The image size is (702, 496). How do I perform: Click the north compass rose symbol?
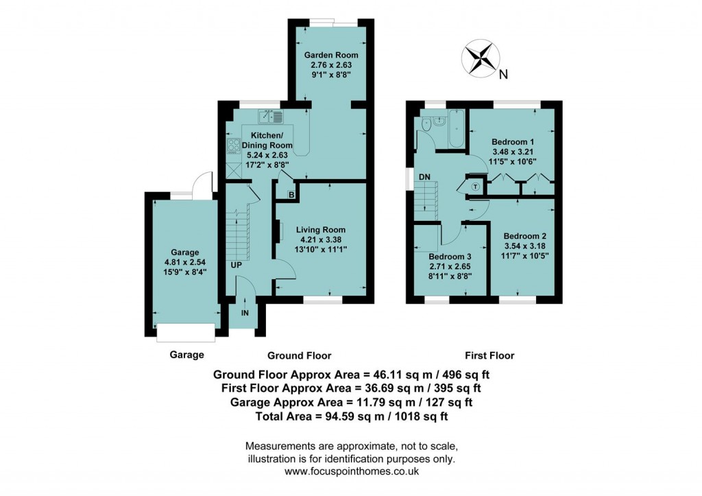click(x=479, y=58)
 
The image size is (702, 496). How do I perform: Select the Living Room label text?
click(x=321, y=230)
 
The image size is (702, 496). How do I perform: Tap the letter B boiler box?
click(x=291, y=196)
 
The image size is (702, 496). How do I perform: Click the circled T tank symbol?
click(x=476, y=185)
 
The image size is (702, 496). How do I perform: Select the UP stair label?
click(x=236, y=265)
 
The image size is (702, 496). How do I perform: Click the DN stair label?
click(x=424, y=178)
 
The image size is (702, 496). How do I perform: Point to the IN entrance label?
click(x=245, y=313)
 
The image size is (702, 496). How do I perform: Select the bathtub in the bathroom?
click(x=456, y=128)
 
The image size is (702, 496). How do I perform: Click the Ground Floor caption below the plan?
click(x=299, y=355)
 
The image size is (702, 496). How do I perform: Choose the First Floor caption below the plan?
click(x=489, y=355)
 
